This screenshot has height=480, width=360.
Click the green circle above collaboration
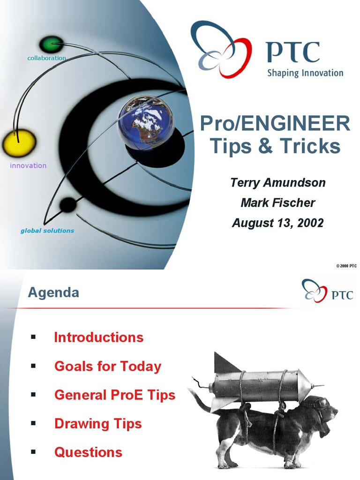(x=51, y=45)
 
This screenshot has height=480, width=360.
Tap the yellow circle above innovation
(x=19, y=143)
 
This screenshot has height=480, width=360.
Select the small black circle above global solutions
(x=68, y=205)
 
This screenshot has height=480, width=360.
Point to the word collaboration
(x=46, y=58)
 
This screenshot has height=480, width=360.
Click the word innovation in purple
(x=28, y=165)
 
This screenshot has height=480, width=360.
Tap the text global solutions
(x=47, y=231)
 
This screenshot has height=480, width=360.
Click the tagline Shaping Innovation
(x=305, y=73)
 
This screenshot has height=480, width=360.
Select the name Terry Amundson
(x=277, y=182)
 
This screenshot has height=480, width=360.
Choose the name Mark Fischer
(x=277, y=202)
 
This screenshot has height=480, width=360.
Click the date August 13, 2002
(x=277, y=223)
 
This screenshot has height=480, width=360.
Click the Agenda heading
(x=53, y=293)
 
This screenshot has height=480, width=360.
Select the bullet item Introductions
(x=99, y=337)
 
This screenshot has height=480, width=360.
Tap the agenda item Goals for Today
(x=108, y=366)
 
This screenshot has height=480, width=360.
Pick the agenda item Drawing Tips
(x=98, y=424)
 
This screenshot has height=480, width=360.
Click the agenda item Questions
(x=88, y=452)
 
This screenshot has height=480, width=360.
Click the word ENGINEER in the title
(x=297, y=124)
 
